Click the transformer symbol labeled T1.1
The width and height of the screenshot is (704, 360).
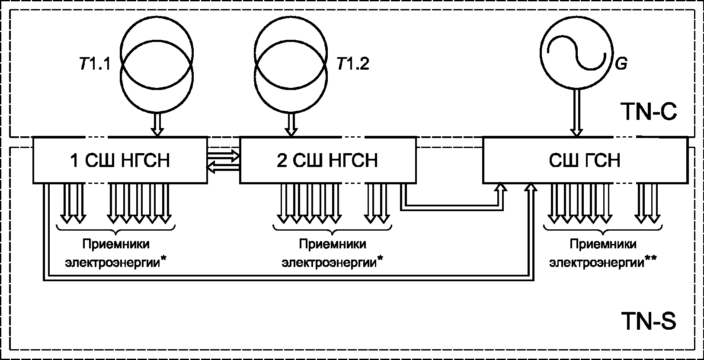coord(156,65)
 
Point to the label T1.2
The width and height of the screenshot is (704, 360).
coord(353,65)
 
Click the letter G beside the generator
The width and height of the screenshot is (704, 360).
coord(621,65)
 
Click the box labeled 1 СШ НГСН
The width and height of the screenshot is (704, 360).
coord(120,160)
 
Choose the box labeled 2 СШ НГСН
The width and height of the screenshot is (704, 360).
coord(327,160)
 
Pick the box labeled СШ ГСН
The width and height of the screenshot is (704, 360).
coord(584,160)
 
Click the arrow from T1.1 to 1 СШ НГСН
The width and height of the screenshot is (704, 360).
coord(159,125)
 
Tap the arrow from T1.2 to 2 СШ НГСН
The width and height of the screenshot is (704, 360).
coord(292,125)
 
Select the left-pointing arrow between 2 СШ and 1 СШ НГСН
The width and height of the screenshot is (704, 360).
coord(224,167)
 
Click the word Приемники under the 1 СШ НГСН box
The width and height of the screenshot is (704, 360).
coord(116,244)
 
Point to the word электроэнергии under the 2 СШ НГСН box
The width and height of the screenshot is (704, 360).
coord(329,263)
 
